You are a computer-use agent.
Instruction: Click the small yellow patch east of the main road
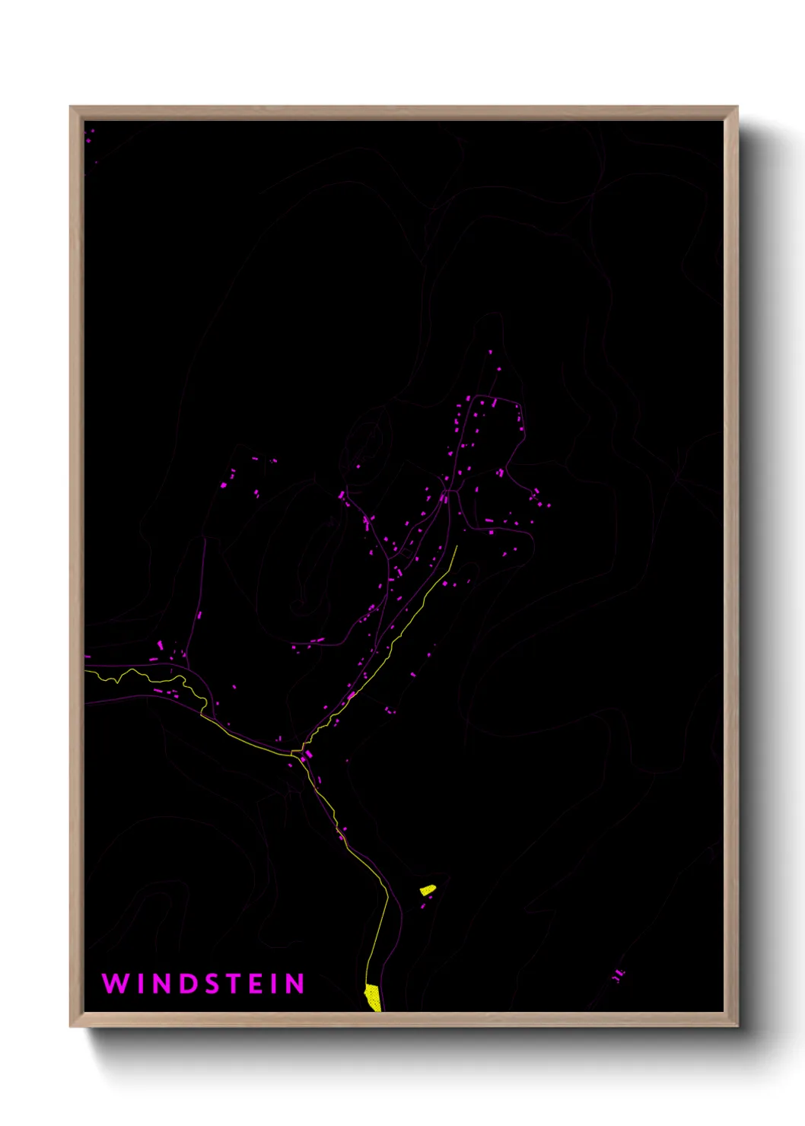coord(428,889)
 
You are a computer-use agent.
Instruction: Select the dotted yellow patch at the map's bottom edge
coord(373,997)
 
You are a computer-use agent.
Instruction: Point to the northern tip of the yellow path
coord(457,546)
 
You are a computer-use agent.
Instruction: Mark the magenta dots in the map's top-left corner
coord(90,137)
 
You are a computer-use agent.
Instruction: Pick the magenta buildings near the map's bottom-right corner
coord(619,975)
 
